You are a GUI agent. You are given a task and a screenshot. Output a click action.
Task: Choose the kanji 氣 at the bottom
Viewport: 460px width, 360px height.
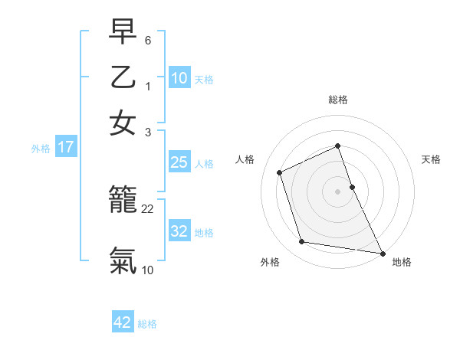[x=123, y=260]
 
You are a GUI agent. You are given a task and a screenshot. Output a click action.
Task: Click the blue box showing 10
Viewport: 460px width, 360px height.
[x=179, y=78]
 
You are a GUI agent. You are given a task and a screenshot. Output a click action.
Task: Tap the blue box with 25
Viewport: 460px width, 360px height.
[x=179, y=162]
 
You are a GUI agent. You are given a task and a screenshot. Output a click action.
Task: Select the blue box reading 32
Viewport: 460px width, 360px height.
[x=179, y=231]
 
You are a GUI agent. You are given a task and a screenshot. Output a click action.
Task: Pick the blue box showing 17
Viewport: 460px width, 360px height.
[x=66, y=148]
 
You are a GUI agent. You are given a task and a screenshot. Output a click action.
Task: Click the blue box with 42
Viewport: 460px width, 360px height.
[x=123, y=322]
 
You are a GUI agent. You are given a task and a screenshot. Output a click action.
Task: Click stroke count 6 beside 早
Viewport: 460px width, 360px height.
[x=148, y=39]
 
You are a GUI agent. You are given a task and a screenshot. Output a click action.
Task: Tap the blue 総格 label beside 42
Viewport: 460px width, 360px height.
[x=147, y=324]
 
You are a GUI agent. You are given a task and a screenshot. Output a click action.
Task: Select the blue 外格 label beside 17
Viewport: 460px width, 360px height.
[x=41, y=149]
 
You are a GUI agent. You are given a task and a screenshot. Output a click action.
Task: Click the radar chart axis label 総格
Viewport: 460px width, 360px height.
[x=338, y=100]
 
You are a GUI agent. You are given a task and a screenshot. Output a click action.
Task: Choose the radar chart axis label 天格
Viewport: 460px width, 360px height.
[x=432, y=159]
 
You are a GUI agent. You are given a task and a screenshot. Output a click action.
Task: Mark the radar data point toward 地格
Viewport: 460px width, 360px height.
[x=381, y=252]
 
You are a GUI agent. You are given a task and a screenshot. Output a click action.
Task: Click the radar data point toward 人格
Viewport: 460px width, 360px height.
[x=280, y=172]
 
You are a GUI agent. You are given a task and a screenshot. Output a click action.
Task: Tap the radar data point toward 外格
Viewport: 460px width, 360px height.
[x=302, y=242]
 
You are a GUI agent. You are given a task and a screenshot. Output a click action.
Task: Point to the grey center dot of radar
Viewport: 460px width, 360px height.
[x=338, y=191]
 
